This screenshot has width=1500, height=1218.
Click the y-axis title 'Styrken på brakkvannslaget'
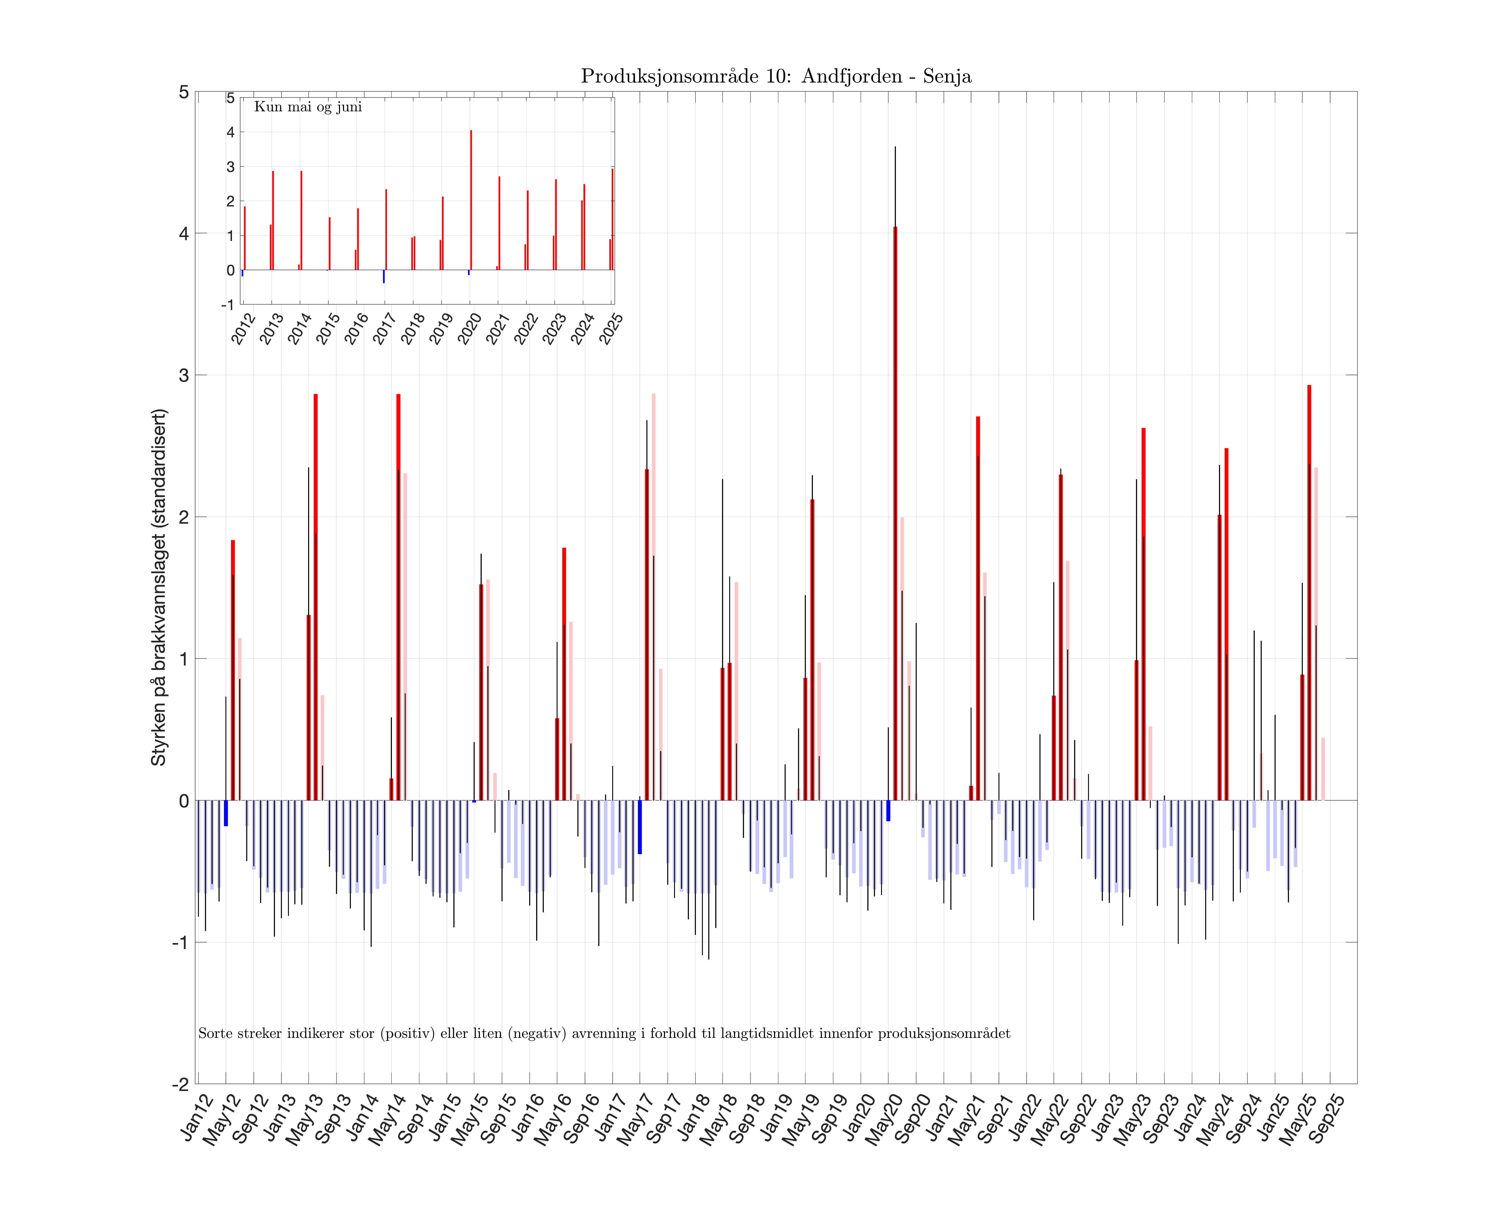(x=159, y=587)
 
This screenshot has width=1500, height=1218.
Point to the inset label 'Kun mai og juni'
(x=308, y=107)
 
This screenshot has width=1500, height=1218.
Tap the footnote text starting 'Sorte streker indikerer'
(x=604, y=1033)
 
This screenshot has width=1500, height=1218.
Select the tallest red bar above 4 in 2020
(x=895, y=512)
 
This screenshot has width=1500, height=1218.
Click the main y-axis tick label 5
(x=184, y=92)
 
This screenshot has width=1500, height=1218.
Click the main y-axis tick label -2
(x=180, y=1084)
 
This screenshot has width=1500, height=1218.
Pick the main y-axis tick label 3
(x=184, y=375)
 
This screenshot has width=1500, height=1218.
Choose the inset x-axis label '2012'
(x=243, y=328)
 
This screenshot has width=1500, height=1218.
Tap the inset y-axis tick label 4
(x=230, y=132)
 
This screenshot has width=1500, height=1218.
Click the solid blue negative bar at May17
(x=639, y=827)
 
